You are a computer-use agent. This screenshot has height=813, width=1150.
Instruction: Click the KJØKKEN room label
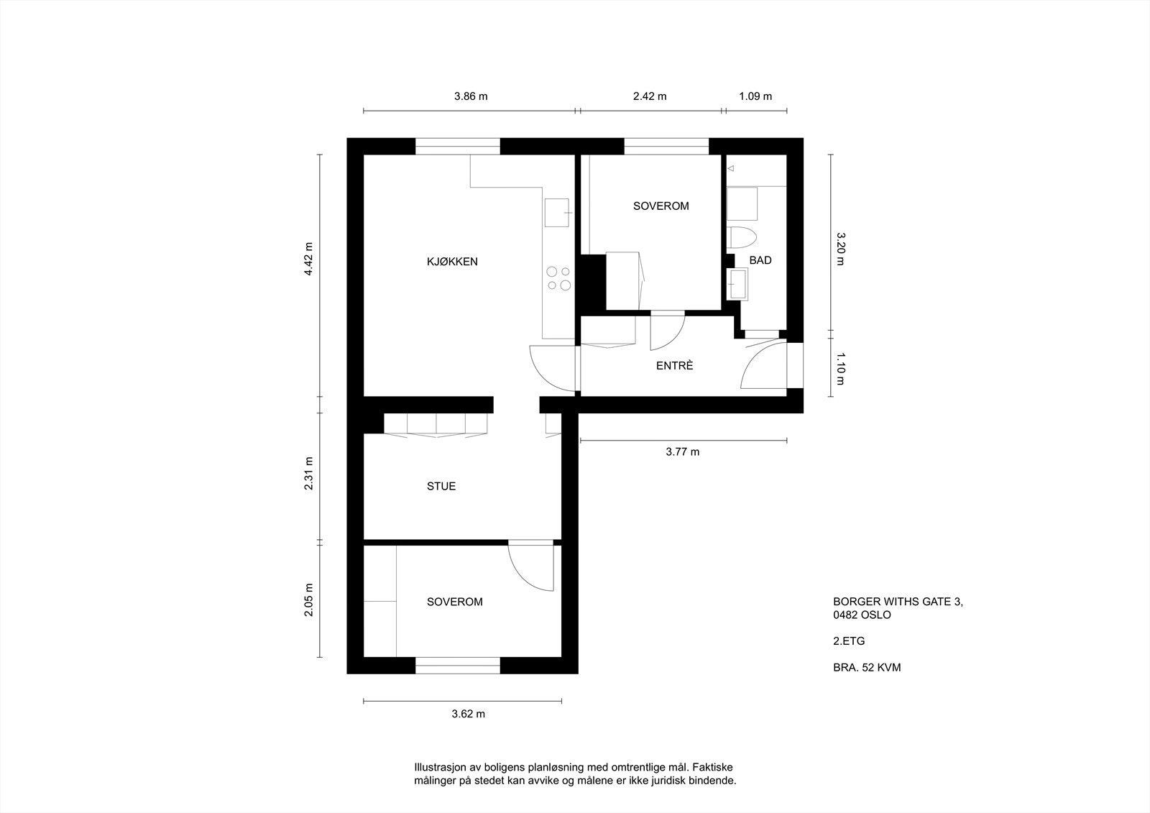click(451, 262)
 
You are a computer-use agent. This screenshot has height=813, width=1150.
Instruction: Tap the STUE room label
click(441, 486)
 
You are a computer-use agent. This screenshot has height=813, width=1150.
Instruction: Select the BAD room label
click(760, 260)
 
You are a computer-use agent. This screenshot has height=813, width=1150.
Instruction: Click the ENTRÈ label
click(674, 366)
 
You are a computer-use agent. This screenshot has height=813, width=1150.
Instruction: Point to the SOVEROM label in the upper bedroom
click(661, 206)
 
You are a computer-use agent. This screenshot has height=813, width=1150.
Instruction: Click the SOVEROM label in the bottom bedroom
click(454, 602)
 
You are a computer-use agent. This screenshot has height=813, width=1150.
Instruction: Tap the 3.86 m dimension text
click(471, 96)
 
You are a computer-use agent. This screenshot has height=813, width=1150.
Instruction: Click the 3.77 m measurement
click(682, 452)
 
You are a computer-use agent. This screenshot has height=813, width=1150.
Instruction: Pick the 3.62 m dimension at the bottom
click(468, 714)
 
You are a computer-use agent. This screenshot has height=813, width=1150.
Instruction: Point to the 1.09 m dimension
click(755, 96)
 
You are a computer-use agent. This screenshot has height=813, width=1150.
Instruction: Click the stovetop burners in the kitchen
click(558, 278)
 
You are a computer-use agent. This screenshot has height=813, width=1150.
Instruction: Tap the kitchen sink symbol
click(557, 213)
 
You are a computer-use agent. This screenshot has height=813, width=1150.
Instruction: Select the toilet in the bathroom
click(742, 237)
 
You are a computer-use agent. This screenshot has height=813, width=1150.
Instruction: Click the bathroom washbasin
click(739, 284)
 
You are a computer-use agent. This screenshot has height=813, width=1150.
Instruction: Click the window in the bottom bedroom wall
click(458, 665)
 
